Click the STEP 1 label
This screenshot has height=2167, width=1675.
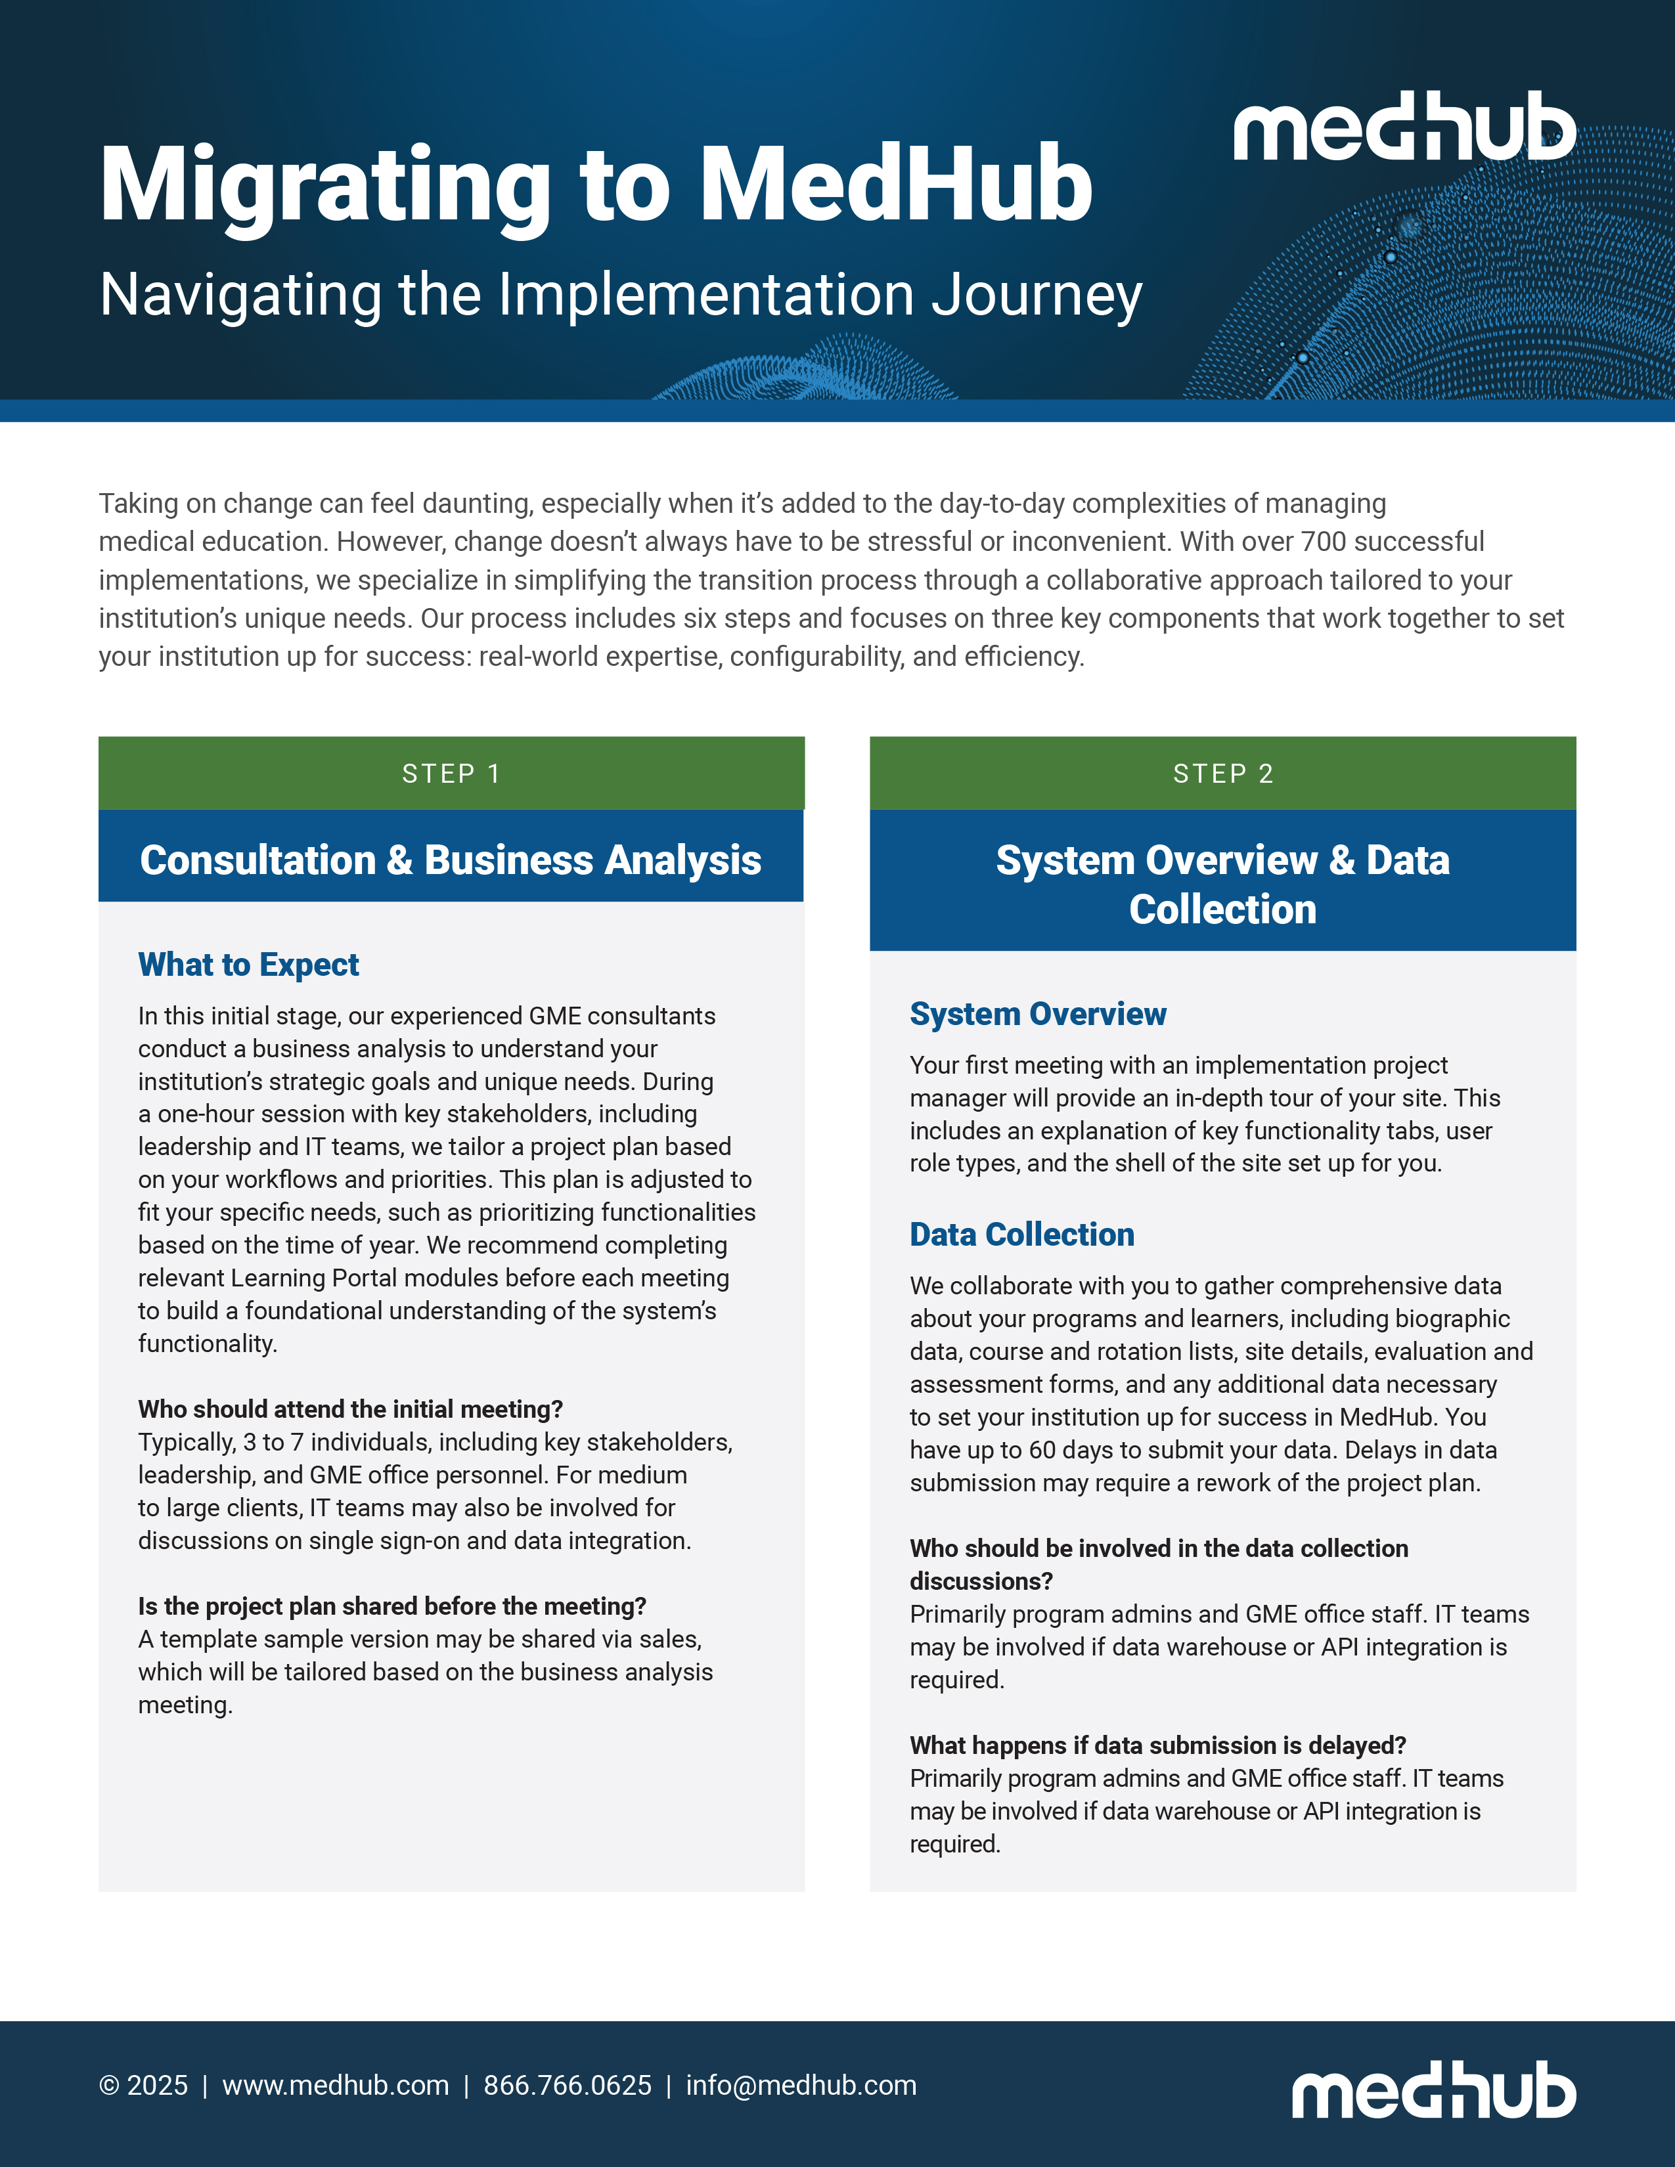point(451,774)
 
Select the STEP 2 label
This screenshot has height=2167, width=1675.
point(1222,774)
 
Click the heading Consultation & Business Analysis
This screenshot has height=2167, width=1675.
point(451,860)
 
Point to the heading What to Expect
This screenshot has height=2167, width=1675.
point(248,965)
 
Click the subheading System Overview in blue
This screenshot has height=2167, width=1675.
point(1038,1014)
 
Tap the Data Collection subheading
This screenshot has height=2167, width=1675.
point(1022,1235)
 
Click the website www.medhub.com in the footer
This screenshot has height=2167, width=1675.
point(336,2086)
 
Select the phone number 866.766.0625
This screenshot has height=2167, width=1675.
point(568,2086)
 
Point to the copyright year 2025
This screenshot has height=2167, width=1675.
point(157,2086)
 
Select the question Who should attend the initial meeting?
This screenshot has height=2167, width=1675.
point(350,1409)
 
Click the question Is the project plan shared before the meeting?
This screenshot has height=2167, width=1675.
point(392,1606)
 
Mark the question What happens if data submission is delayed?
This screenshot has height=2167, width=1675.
point(1158,1745)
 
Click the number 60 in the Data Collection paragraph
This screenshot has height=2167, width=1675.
point(1042,1451)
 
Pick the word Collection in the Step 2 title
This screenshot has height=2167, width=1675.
point(1222,910)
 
